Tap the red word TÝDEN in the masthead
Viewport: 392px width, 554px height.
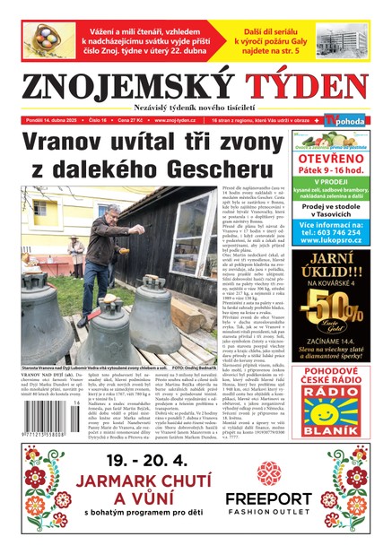click(304, 88)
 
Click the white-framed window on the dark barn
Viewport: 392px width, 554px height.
click(41, 207)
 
